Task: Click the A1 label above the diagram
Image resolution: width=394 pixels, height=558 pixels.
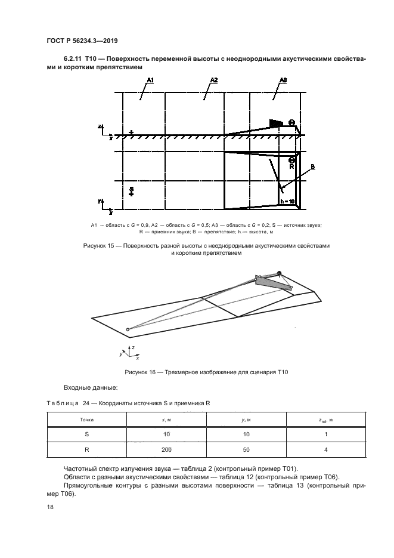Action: pyautogui.click(x=150, y=80)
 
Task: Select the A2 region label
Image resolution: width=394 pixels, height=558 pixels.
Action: pyautogui.click(x=214, y=80)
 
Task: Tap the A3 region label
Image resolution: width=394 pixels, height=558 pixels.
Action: pyautogui.click(x=283, y=80)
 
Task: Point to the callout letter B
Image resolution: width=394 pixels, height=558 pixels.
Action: pyautogui.click(x=313, y=168)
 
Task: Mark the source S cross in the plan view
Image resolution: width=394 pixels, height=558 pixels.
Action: pyautogui.click(x=131, y=193)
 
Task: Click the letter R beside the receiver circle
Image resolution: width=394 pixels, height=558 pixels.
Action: pyautogui.click(x=291, y=168)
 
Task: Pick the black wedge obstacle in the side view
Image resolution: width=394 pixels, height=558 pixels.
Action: pyautogui.click(x=276, y=122)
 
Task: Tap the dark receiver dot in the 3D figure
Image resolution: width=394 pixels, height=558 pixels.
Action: pyautogui.click(x=279, y=273)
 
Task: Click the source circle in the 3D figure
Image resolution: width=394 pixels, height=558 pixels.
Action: pyautogui.click(x=127, y=329)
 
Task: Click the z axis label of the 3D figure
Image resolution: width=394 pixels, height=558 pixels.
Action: pyautogui.click(x=133, y=347)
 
